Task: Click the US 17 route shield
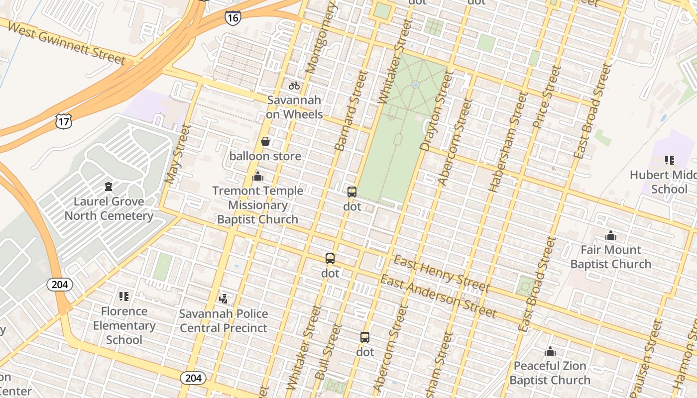click(x=64, y=121)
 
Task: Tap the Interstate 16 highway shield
click(x=232, y=18)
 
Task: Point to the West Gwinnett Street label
click(x=67, y=43)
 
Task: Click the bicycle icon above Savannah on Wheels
click(x=294, y=86)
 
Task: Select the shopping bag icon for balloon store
click(x=265, y=142)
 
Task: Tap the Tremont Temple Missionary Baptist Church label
click(x=257, y=205)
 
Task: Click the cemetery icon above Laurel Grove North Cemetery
click(x=108, y=187)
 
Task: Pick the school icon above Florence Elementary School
click(x=124, y=297)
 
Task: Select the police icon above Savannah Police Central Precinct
click(x=224, y=299)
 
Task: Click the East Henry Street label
click(x=442, y=274)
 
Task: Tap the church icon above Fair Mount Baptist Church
click(x=610, y=235)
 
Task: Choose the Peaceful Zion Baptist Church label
click(x=550, y=373)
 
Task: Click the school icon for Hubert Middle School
click(x=669, y=160)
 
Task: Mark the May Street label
click(x=178, y=154)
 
